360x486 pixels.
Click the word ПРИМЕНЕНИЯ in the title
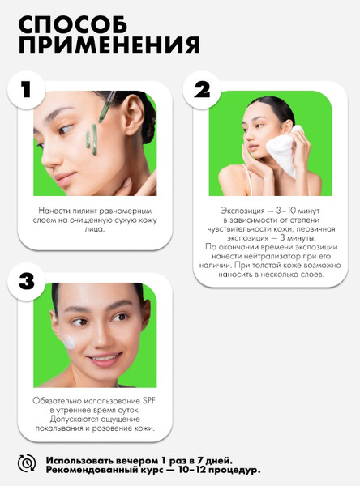click(108, 45)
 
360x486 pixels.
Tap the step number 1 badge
click(27, 90)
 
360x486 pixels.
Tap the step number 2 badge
click(203, 91)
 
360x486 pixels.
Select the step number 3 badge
click(28, 282)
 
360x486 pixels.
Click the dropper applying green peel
click(105, 117)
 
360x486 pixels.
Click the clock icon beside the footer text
click(27, 463)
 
